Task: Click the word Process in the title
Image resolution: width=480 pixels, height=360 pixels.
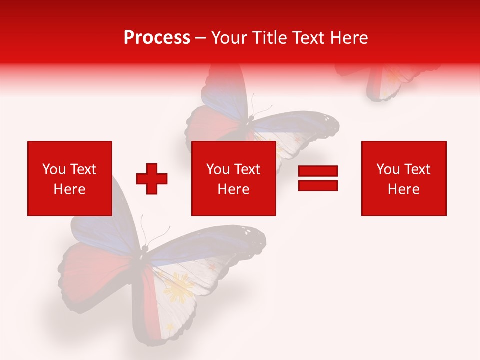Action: coord(157,38)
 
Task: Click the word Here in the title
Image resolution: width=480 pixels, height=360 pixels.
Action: coord(350,38)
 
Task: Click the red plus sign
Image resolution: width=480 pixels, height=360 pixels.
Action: coord(152,178)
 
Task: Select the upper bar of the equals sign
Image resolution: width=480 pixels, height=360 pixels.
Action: coord(318,171)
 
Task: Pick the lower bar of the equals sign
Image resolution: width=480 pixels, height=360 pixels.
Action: coord(318,185)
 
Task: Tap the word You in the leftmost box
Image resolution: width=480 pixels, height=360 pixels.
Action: coord(54,169)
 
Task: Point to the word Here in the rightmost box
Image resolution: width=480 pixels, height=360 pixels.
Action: coord(403,189)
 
